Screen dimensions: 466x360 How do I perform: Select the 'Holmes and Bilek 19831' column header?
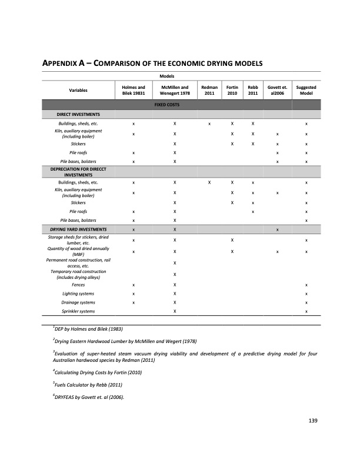(x=134, y=91)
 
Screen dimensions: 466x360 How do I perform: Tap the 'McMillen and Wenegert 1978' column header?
(x=175, y=91)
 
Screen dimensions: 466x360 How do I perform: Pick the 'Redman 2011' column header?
(x=209, y=91)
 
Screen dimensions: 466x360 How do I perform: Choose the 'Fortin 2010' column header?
(x=232, y=91)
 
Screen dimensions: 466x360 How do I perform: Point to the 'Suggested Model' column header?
(x=306, y=91)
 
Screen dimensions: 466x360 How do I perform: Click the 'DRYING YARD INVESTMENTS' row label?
(x=78, y=229)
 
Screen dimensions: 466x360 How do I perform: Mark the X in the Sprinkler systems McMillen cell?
(x=175, y=311)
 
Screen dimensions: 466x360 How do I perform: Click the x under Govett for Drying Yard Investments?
(x=277, y=229)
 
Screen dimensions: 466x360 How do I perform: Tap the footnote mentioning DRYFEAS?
(x=87, y=396)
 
